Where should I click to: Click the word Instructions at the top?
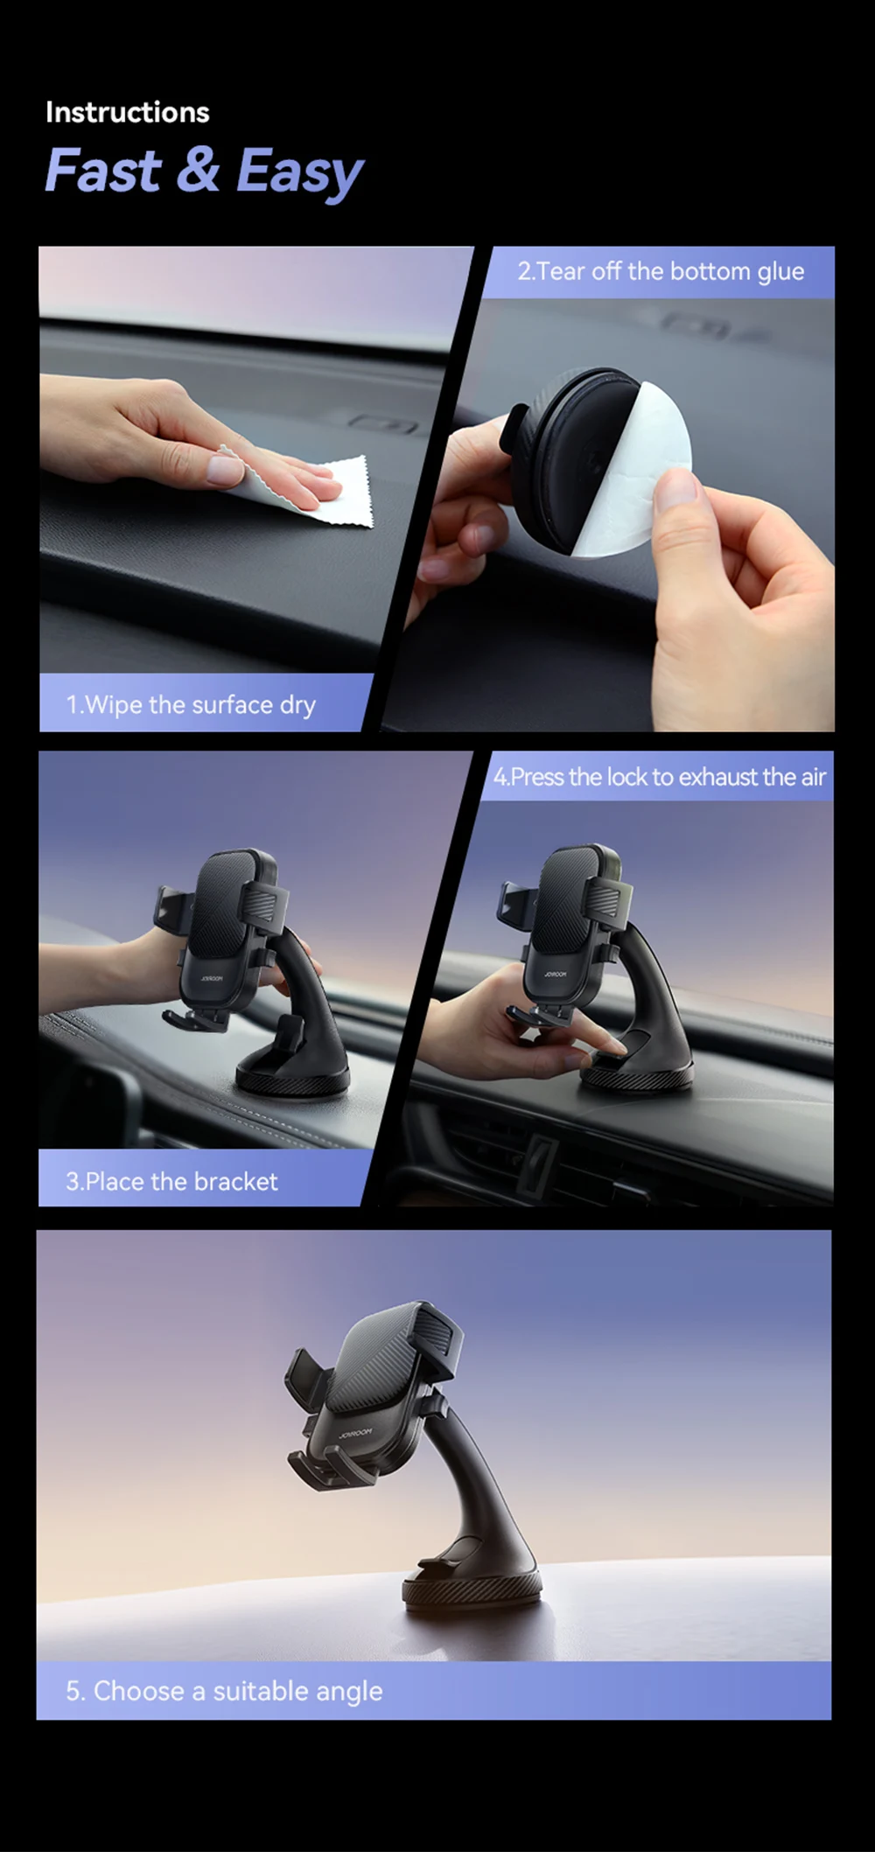point(127,112)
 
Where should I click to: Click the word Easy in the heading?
point(299,172)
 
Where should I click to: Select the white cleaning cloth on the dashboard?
point(306,487)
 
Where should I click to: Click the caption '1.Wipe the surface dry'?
point(191,705)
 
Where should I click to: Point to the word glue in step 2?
point(780,272)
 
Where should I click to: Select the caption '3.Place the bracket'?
point(171,1182)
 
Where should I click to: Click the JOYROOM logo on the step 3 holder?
point(212,979)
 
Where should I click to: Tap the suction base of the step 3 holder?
point(293,1072)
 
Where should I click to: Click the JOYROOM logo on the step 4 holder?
point(554,974)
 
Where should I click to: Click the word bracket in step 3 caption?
point(235,1182)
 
